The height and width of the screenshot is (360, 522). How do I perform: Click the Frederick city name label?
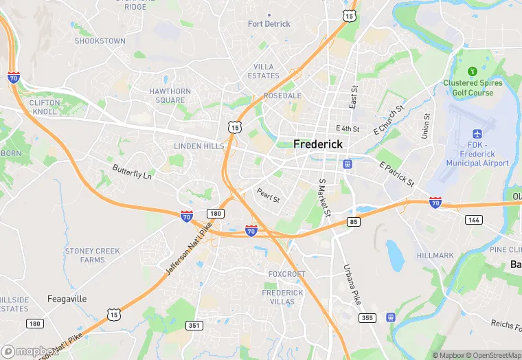(x=317, y=144)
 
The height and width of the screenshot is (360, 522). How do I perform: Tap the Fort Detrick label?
(x=269, y=24)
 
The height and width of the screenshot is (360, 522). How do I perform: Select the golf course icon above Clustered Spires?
(x=473, y=71)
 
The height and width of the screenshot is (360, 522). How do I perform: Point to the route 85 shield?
(x=354, y=221)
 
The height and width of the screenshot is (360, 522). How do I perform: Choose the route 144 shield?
(x=473, y=219)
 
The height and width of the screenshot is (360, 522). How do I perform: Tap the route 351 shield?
(x=194, y=325)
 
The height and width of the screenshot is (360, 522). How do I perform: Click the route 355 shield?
(x=367, y=317)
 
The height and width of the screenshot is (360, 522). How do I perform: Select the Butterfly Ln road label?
(x=132, y=172)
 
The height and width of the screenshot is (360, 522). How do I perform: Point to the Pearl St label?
(x=268, y=195)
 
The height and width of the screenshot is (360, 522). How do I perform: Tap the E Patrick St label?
(x=397, y=175)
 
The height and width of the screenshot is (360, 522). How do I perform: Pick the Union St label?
(x=426, y=125)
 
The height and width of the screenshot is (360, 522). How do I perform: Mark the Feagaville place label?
(x=67, y=299)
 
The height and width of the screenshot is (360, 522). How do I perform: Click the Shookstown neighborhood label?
(x=100, y=41)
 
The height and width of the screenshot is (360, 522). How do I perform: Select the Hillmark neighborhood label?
(x=435, y=256)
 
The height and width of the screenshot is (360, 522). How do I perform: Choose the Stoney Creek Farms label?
(x=92, y=256)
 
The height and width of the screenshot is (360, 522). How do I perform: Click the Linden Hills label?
(x=198, y=146)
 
